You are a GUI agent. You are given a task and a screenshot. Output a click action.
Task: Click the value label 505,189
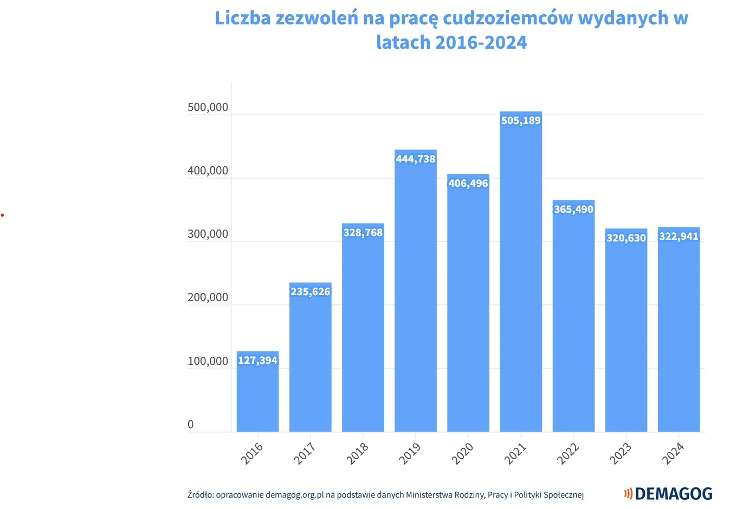(521, 120)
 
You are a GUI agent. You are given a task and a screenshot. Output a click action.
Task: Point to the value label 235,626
(310, 291)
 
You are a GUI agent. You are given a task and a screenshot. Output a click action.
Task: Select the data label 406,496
(468, 183)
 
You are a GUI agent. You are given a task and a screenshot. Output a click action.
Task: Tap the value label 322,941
(679, 236)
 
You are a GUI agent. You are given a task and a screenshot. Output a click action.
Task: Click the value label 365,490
(573, 209)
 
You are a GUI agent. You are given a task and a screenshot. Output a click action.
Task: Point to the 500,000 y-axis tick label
(208, 107)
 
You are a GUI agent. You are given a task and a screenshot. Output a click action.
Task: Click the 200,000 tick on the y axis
(208, 297)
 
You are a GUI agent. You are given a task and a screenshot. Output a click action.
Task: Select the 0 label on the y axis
(190, 425)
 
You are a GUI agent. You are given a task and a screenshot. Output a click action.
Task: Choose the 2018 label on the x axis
(358, 453)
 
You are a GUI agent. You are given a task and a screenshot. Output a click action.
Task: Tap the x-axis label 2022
(568, 453)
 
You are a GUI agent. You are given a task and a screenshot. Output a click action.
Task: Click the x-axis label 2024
(673, 453)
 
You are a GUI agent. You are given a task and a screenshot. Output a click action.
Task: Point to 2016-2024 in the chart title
(481, 42)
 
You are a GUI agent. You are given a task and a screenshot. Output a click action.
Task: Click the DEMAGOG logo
(668, 493)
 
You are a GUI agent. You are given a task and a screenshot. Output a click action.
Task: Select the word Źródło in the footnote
(200, 494)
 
